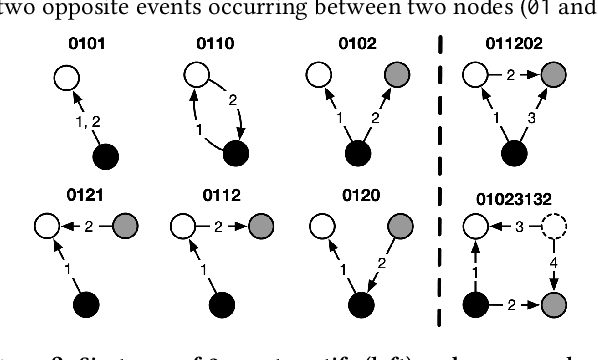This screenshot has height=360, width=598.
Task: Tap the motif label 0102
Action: click(x=352, y=45)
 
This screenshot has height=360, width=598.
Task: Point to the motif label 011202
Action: click(x=510, y=45)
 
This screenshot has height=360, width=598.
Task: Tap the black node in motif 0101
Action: click(x=105, y=155)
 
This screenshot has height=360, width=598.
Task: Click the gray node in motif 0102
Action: click(x=393, y=74)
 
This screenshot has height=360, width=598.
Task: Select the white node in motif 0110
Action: click(x=196, y=74)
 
